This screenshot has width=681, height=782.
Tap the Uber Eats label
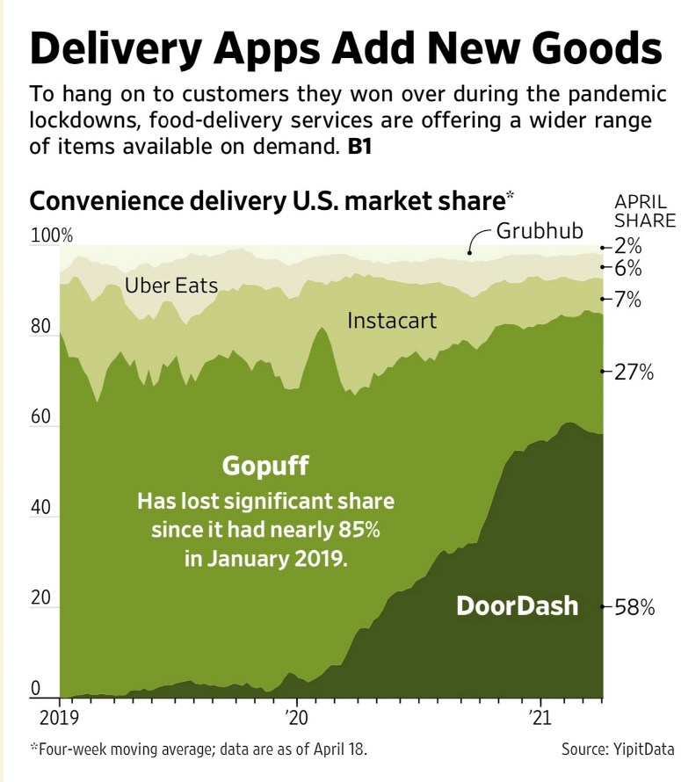pos(171,286)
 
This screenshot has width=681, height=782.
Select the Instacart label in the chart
pos(392,321)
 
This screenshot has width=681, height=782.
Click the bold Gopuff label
pos(266,466)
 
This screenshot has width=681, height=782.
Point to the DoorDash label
pos(518,605)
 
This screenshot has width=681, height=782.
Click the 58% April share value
pos(634,607)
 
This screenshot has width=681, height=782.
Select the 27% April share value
pos(634,372)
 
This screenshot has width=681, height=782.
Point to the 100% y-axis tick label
pos(53,236)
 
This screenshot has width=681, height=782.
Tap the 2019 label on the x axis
pos(59,717)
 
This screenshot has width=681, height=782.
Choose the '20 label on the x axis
pos(296,717)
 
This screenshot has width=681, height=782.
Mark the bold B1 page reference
pos(359,147)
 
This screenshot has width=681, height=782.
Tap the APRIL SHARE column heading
pos(644,211)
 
